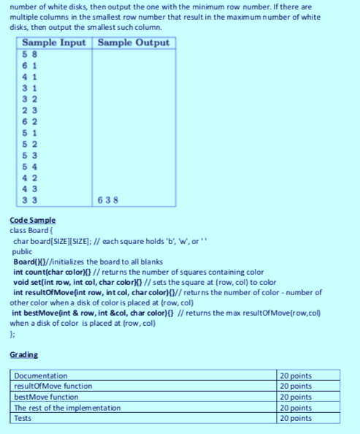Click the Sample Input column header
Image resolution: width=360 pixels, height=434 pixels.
click(53, 42)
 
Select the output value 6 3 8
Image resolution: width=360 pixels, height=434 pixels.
click(108, 199)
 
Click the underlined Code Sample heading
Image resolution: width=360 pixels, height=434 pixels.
click(33, 220)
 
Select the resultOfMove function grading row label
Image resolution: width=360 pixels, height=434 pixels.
click(54, 386)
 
